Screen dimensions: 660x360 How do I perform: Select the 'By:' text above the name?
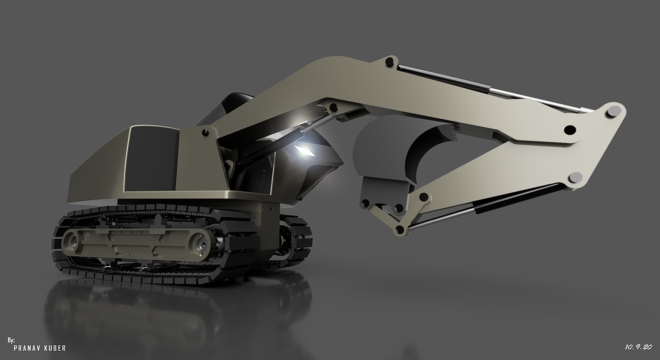coord(11,340)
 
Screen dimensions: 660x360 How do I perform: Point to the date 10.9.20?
coord(638,347)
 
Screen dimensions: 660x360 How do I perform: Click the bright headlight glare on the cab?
coord(304,149)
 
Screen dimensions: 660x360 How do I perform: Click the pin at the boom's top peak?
coord(389,62)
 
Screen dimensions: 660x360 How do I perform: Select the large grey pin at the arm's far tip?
coord(614,112)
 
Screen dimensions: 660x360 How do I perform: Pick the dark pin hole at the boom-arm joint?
coord(570,129)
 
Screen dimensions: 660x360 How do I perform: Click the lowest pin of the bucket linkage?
coord(400,229)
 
